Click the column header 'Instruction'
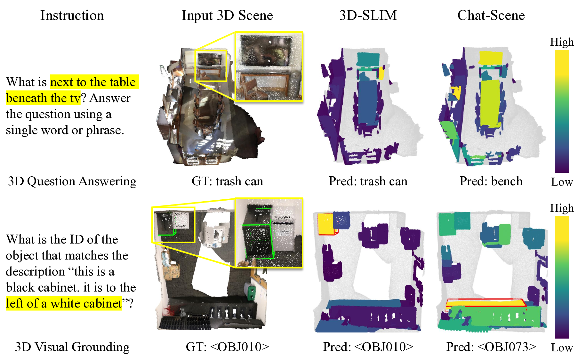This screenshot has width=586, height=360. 72,15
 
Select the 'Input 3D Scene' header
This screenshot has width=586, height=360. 227,15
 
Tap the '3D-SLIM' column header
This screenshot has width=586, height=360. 368,15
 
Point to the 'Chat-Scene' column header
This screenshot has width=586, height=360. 491,15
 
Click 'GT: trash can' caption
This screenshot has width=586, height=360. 227,181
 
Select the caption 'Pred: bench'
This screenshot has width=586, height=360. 491,181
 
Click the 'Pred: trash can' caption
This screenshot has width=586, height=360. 368,181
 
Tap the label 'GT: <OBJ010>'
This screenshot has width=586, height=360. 227,347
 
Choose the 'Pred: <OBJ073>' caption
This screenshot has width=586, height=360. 491,347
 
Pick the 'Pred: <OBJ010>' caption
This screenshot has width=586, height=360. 368,347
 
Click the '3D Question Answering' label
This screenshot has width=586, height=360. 72,181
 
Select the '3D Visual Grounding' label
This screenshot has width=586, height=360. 72,347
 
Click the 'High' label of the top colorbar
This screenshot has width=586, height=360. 562,42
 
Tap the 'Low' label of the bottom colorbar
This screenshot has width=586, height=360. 562,348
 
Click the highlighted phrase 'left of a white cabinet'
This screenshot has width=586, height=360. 64,303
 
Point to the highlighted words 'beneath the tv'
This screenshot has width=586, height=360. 43,98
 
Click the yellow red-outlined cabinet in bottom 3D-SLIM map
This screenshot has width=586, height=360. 325,223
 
